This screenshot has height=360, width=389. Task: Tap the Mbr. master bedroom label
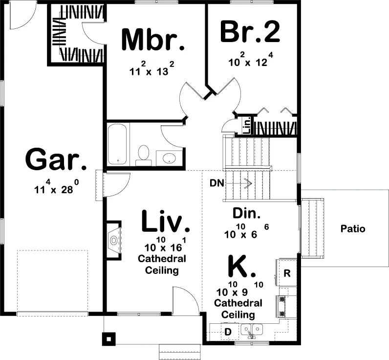click(153, 40)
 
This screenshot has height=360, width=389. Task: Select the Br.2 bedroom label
click(250, 31)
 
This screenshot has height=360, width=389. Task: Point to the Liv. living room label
click(166, 221)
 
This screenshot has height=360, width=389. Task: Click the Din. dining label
click(247, 213)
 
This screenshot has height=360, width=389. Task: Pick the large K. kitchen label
click(241, 266)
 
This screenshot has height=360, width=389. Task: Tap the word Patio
click(353, 228)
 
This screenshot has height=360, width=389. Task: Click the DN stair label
click(217, 183)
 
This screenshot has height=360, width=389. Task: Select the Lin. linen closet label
click(247, 126)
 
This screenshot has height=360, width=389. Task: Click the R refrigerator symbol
click(287, 273)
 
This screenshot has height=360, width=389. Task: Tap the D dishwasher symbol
click(228, 332)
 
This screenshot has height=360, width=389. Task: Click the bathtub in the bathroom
click(118, 144)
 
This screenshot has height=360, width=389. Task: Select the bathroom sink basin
click(169, 158)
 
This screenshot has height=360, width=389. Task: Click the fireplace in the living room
click(114, 240)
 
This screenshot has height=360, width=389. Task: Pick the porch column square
click(109, 339)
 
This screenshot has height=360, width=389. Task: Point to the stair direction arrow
click(238, 183)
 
